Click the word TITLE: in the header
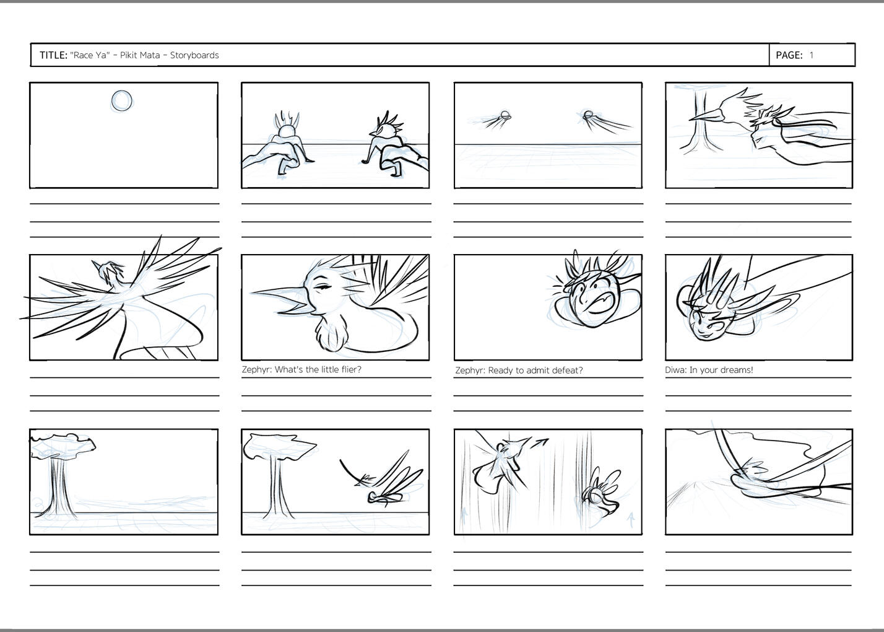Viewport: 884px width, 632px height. click(54, 55)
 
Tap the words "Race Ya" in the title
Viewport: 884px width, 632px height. click(90, 55)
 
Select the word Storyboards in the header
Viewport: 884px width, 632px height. click(194, 55)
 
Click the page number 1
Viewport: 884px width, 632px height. click(812, 55)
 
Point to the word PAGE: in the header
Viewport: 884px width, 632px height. click(789, 55)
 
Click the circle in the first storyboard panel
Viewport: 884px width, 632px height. click(121, 101)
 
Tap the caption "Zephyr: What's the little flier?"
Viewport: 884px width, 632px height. click(301, 370)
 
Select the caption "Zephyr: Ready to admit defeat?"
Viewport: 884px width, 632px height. click(519, 371)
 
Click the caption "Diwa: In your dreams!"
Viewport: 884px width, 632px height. click(709, 370)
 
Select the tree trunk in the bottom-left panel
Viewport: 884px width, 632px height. click(60, 488)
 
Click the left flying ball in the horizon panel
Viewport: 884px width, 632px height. click(505, 115)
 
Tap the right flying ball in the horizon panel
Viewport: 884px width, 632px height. click(588, 115)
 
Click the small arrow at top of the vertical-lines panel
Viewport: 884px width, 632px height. click(539, 444)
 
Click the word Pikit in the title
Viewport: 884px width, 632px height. click(128, 55)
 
